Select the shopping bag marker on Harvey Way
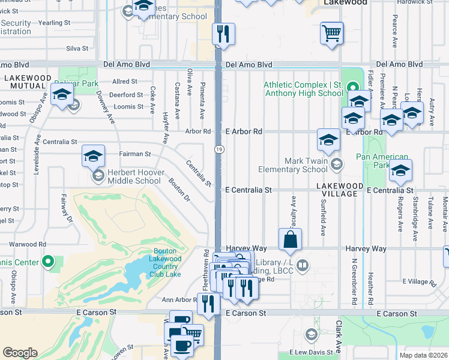pyautogui.click(x=290, y=238)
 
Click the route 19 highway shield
pyautogui.click(x=219, y=148)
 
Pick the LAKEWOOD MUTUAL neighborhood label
pyautogui.click(x=28, y=82)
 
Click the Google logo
pyautogui.click(x=20, y=352)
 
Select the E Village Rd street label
pyautogui.click(x=422, y=281)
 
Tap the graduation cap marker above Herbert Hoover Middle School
pyautogui.click(x=93, y=156)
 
